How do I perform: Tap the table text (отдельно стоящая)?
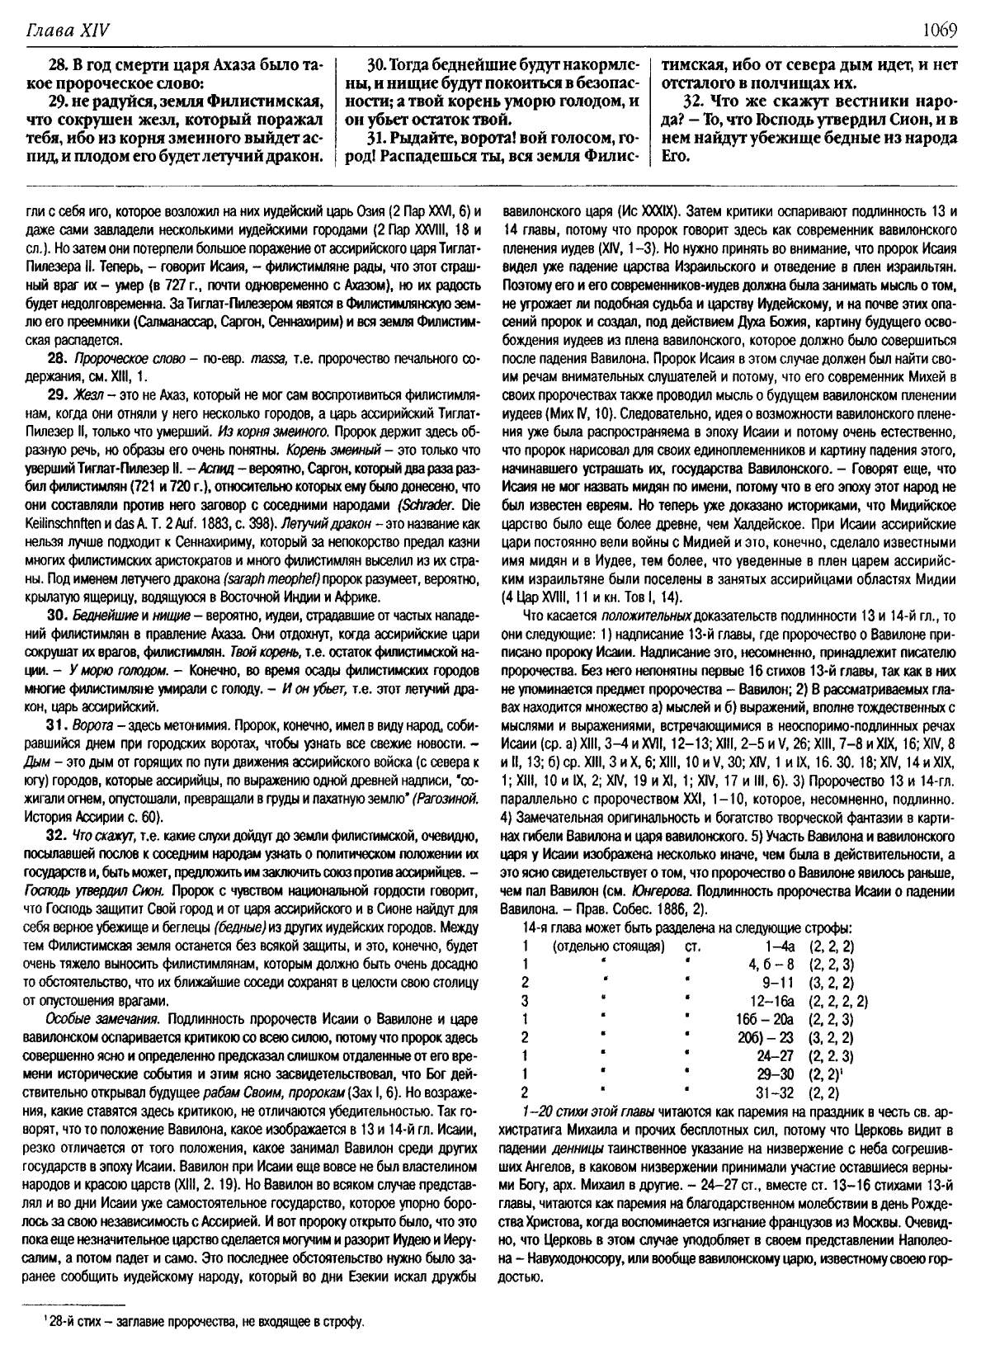click(x=608, y=946)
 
